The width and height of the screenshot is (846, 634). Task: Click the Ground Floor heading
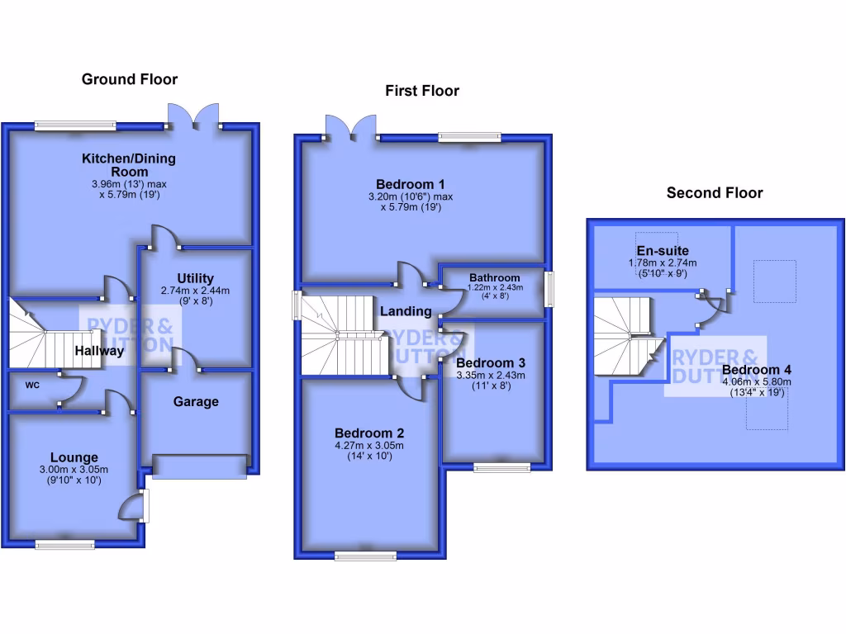[x=129, y=79]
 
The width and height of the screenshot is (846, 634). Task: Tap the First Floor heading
[x=421, y=91]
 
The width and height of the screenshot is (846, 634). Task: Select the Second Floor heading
[x=715, y=192]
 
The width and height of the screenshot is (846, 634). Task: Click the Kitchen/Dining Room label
[x=128, y=164]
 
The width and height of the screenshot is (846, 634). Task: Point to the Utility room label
[x=195, y=278]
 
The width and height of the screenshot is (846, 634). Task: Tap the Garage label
[x=196, y=401]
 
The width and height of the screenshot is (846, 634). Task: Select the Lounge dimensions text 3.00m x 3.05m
[x=74, y=471]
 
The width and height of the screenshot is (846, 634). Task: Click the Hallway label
[x=99, y=351]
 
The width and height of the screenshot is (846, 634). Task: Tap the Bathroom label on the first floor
[x=495, y=277]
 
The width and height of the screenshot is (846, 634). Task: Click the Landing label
[x=406, y=311]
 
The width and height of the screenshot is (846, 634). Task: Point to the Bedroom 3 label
[x=491, y=362]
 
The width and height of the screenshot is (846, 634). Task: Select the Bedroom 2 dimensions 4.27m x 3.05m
[x=368, y=447]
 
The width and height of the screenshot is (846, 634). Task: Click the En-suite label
[x=663, y=250]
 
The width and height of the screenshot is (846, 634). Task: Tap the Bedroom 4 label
[x=756, y=369]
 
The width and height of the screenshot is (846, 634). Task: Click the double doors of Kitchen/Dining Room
[x=194, y=117]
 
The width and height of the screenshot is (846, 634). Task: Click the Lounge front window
[x=64, y=544]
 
